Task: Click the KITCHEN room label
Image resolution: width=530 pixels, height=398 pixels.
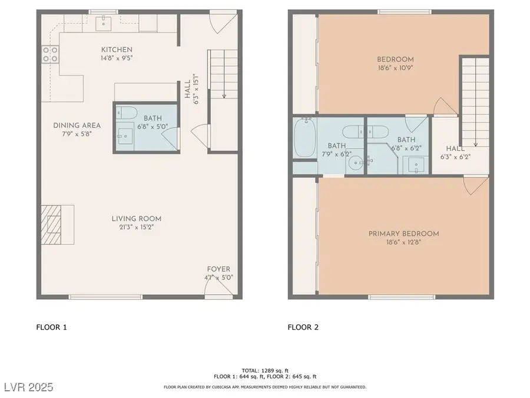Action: pyautogui.click(x=117, y=50)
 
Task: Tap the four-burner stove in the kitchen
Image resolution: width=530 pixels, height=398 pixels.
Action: pyautogui.click(x=50, y=54)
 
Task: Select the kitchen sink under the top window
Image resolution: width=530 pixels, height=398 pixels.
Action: pyautogui.click(x=107, y=23)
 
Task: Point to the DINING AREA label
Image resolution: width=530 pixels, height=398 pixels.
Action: pyautogui.click(x=77, y=125)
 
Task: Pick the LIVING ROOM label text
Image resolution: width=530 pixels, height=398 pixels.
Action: pyautogui.click(x=137, y=219)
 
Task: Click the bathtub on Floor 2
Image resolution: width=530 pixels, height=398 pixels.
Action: pyautogui.click(x=304, y=138)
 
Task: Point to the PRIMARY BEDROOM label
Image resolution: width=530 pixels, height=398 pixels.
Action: pyautogui.click(x=403, y=233)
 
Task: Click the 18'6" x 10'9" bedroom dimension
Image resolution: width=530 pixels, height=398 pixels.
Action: pyautogui.click(x=395, y=69)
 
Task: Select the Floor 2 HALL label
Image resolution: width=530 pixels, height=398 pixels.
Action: pyautogui.click(x=455, y=149)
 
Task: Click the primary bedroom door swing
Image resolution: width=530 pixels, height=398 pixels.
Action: pyautogui.click(x=475, y=186)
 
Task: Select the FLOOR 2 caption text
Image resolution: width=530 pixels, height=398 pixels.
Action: pyautogui.click(x=303, y=327)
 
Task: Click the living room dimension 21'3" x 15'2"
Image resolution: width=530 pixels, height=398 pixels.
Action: pyautogui.click(x=137, y=228)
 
